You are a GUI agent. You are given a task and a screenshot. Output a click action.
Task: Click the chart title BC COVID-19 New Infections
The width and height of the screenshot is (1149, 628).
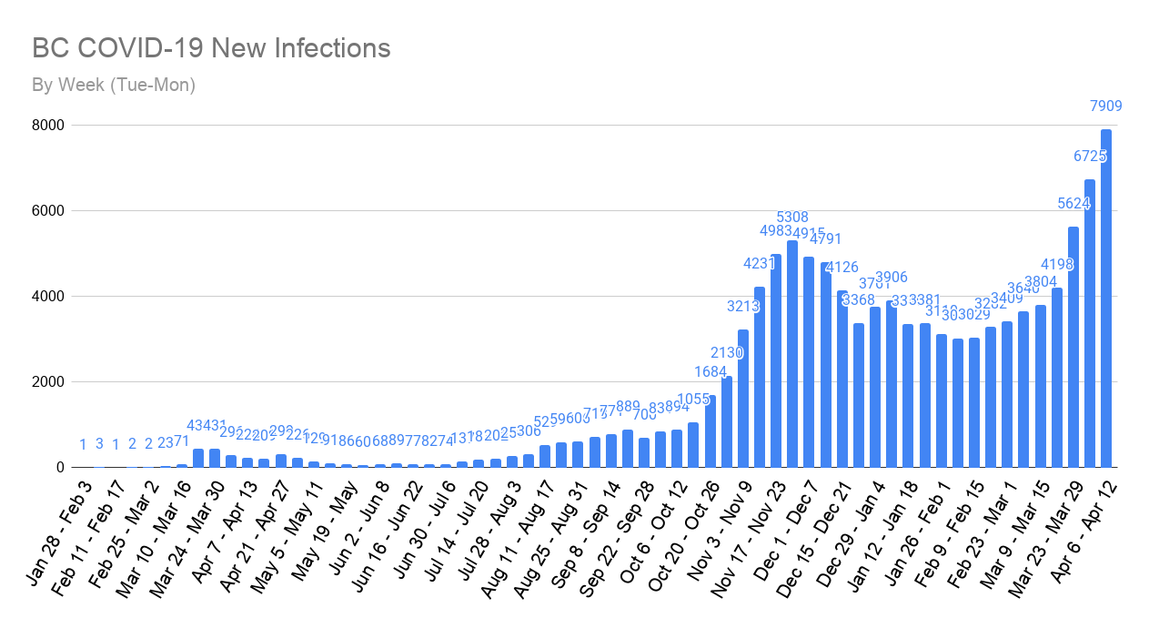(x=211, y=48)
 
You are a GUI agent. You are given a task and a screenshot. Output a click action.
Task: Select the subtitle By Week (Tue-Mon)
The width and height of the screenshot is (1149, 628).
(x=114, y=86)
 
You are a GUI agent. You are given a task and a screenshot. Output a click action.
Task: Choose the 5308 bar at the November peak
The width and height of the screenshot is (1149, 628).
(x=792, y=354)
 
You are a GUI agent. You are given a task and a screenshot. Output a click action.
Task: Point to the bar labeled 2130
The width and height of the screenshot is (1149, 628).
(x=726, y=422)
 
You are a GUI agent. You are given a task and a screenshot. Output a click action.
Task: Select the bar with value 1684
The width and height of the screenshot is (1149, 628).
(x=710, y=431)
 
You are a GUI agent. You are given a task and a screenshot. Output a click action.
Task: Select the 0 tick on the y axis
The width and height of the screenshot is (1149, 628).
(x=60, y=468)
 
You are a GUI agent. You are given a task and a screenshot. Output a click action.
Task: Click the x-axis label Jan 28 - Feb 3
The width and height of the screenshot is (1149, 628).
(x=59, y=523)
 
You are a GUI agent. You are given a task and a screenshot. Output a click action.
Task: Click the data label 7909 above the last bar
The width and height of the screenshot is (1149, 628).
(x=1106, y=106)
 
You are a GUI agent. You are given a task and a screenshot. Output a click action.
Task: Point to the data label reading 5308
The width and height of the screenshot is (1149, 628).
(x=792, y=218)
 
